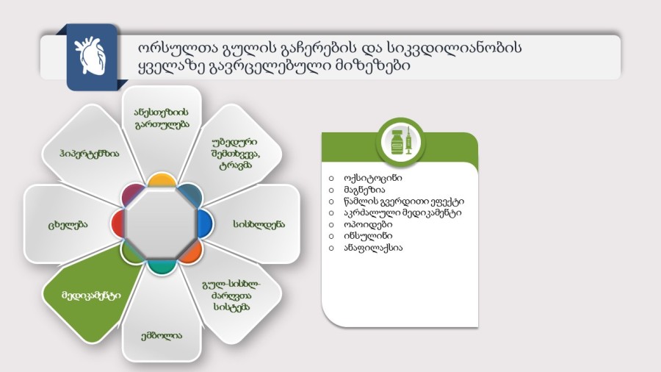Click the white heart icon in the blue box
click(90, 56)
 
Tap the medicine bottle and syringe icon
click(401, 142)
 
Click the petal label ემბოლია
click(162, 336)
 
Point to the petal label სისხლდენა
click(259, 224)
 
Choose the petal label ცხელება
click(68, 224)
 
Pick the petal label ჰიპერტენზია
click(90, 154)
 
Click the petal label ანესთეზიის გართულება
click(162, 118)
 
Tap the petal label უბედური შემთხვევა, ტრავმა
click(236, 154)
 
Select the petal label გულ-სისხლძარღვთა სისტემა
click(231, 296)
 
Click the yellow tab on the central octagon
click(162, 179)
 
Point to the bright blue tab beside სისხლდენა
click(206, 223)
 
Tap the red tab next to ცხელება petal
click(118, 223)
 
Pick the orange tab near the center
click(192, 252)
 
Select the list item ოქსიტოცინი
click(372, 178)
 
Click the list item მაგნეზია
click(364, 190)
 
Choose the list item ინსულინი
click(368, 236)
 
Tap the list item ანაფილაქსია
click(373, 248)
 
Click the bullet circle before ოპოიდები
click(331, 224)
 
